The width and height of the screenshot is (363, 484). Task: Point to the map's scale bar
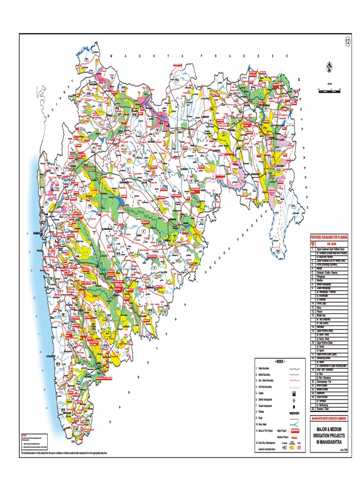point(329,89)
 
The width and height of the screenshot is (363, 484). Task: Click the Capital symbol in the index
point(294,393)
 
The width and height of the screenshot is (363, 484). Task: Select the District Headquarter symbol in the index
point(294,400)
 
